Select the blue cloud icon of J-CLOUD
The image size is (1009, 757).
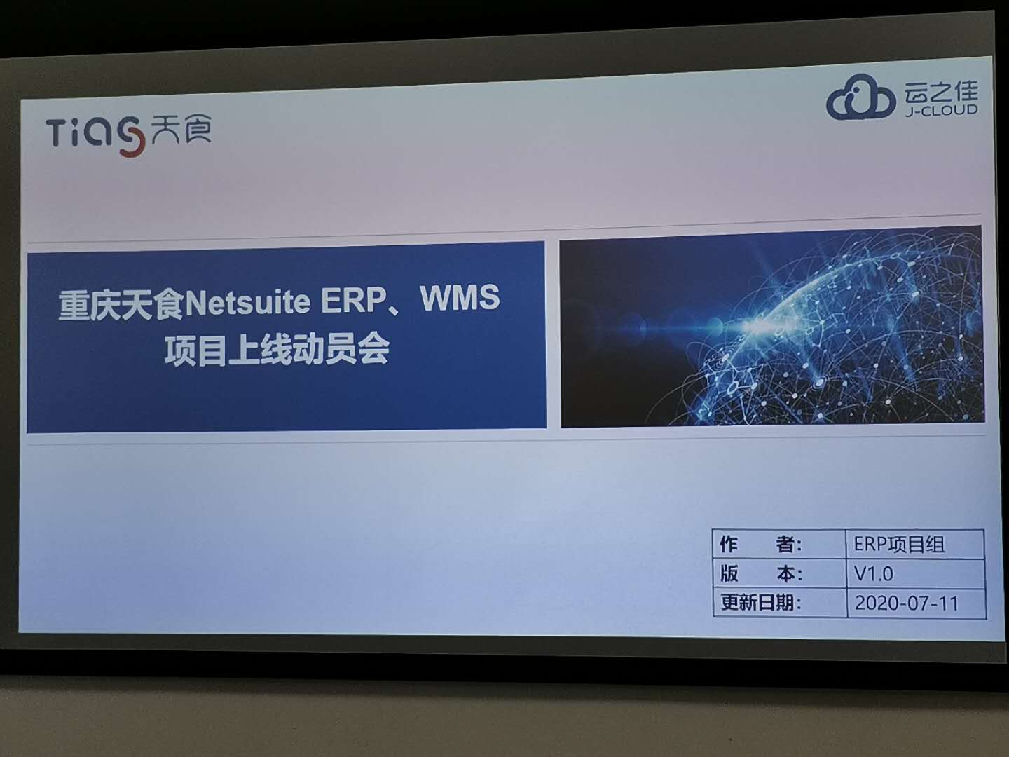[x=860, y=100]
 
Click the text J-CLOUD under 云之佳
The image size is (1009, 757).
[x=940, y=111]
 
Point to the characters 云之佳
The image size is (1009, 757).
[x=940, y=92]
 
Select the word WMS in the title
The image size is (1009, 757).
[x=460, y=298]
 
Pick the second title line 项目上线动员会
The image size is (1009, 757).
[x=277, y=350]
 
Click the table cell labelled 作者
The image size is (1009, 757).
[x=760, y=544]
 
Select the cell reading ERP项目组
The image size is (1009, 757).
[x=899, y=545]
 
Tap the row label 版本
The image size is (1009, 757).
[x=760, y=573]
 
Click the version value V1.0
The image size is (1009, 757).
[x=873, y=574]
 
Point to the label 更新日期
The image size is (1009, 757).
[x=760, y=603]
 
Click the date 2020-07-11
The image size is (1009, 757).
[x=906, y=603]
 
